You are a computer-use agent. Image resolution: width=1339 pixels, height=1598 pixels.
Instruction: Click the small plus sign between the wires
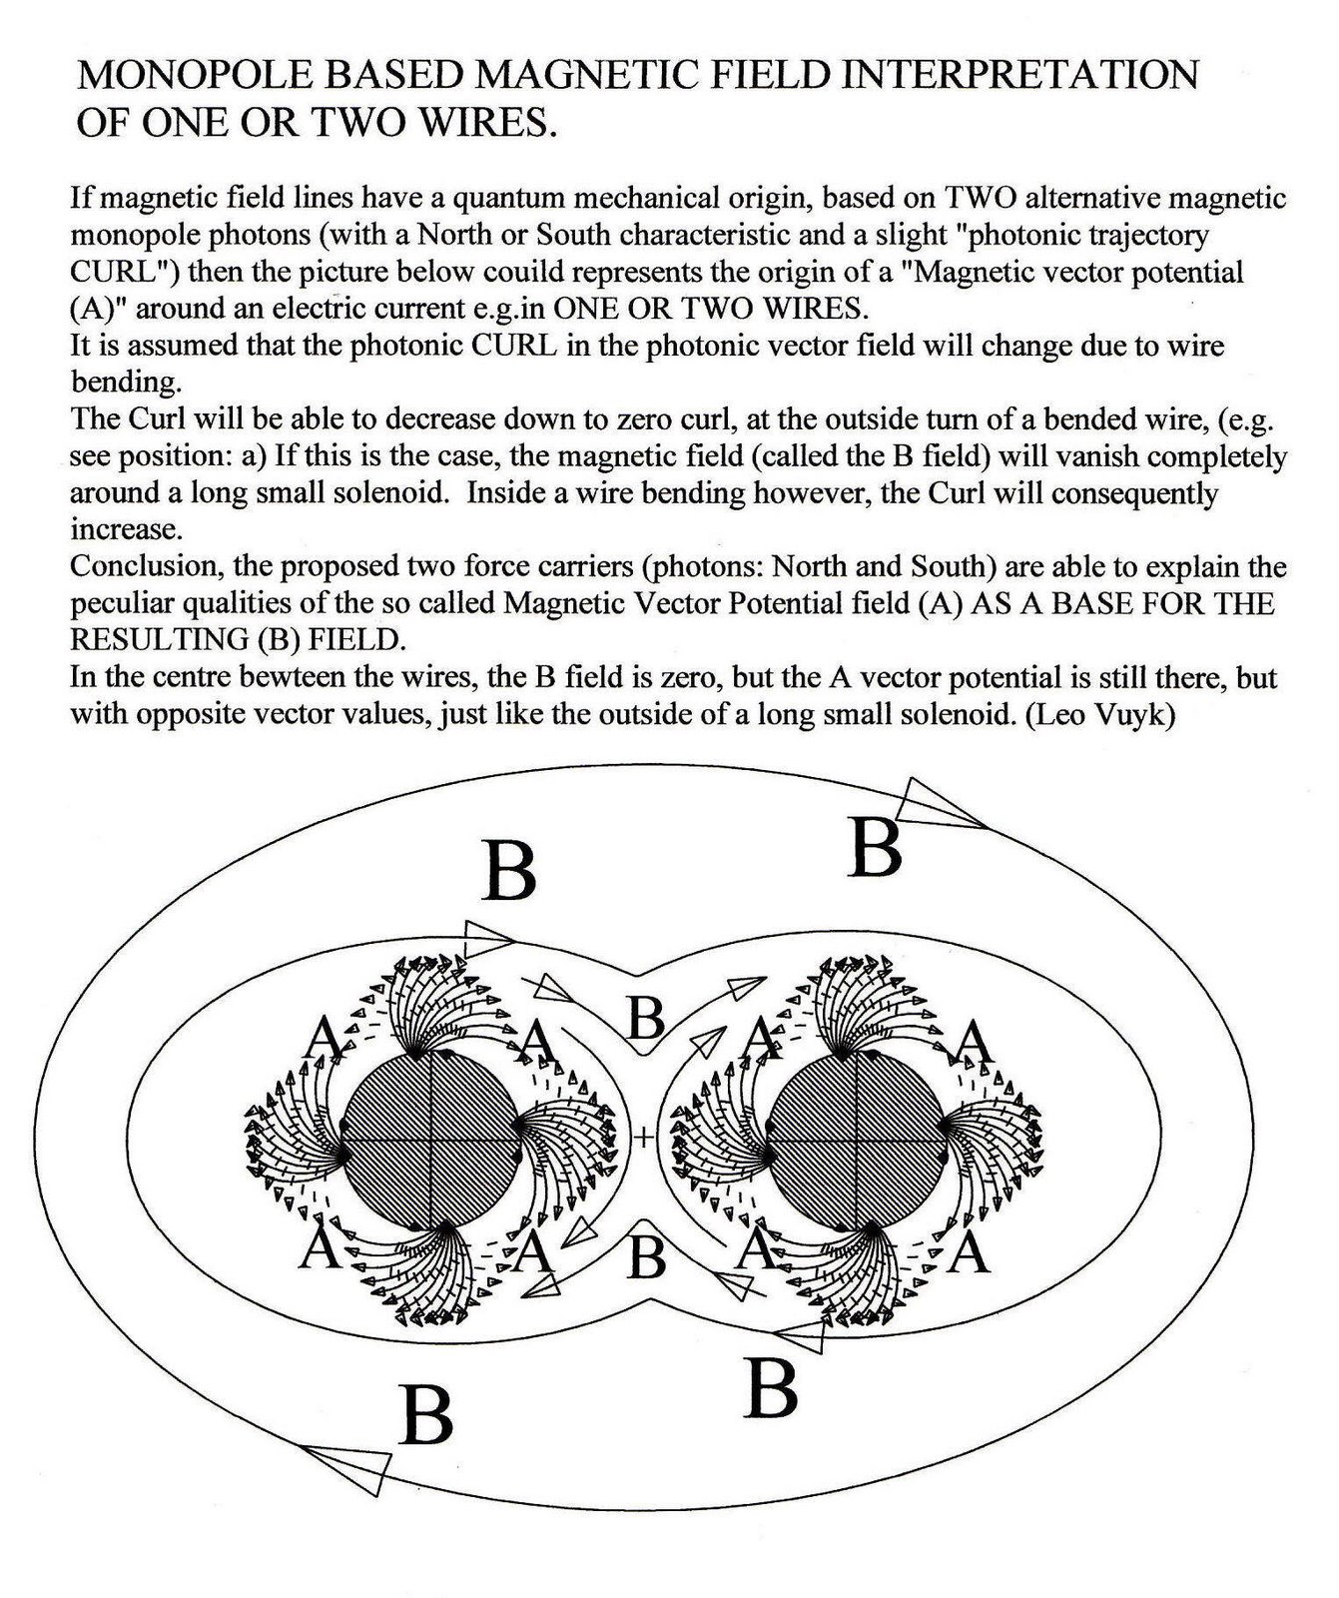tap(645, 1136)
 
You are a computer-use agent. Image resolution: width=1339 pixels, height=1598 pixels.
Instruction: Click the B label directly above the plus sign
tap(647, 1020)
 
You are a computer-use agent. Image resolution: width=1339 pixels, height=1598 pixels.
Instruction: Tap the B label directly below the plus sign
tap(648, 1256)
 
